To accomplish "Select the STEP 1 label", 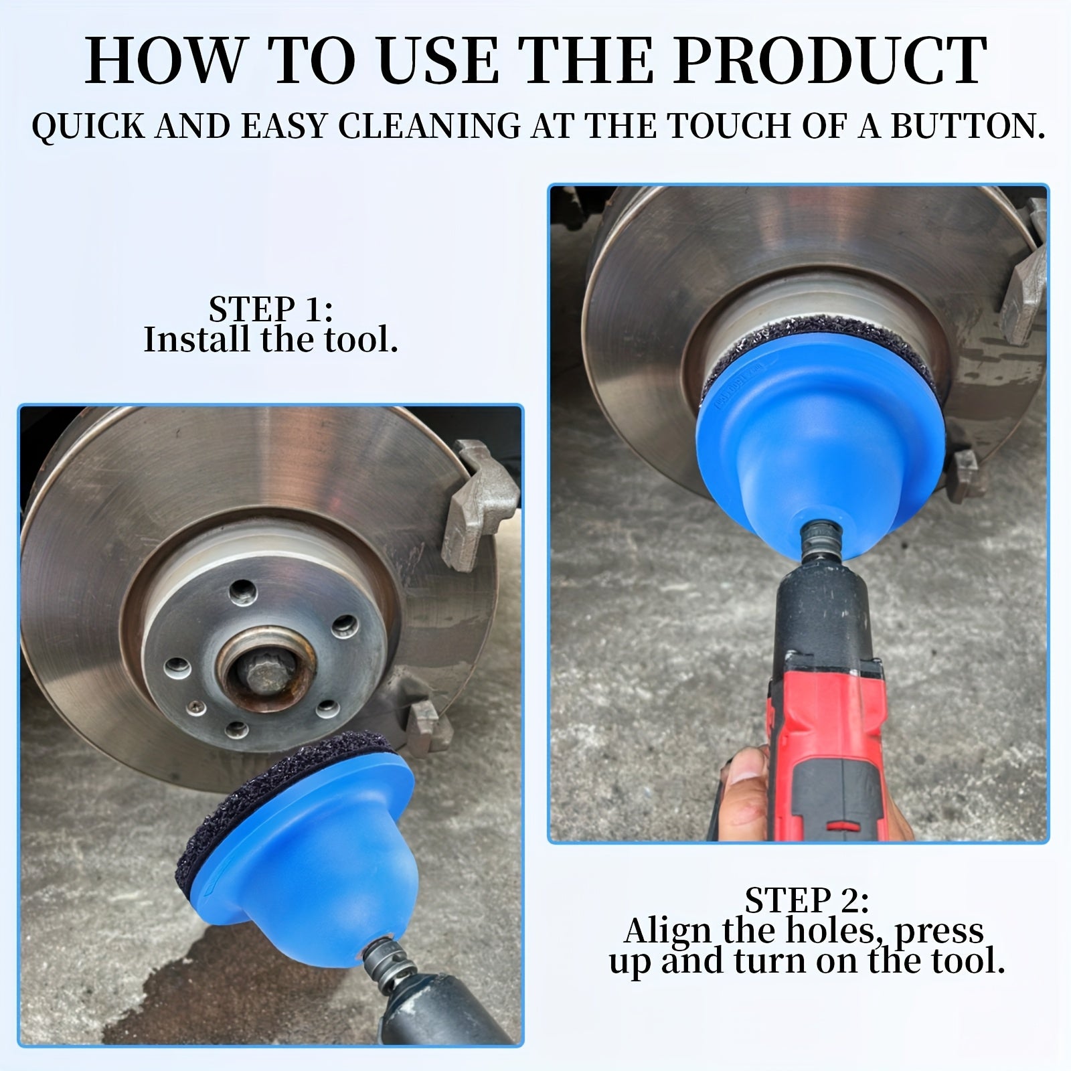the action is click(271, 309).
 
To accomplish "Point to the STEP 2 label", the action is click(807, 901).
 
